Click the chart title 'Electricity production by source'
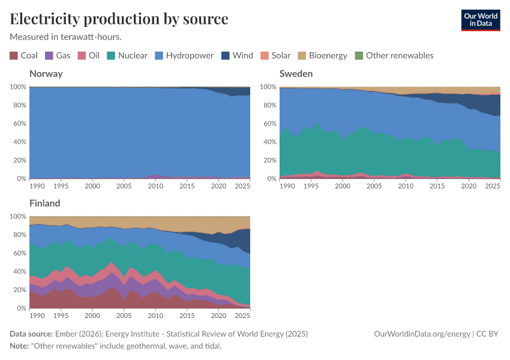click(119, 19)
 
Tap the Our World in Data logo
click(480, 20)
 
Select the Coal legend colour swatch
click(14, 56)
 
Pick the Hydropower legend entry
click(190, 56)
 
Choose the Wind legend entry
click(242, 56)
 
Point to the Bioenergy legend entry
click(328, 56)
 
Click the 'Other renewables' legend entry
click(399, 56)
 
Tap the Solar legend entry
click(280, 56)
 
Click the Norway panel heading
click(46, 74)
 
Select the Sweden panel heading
click(296, 74)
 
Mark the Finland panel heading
click(46, 203)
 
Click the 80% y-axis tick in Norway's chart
click(18, 106)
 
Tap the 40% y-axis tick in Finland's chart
click(18, 272)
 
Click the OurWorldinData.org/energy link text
click(422, 334)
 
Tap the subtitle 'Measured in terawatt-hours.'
click(66, 37)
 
